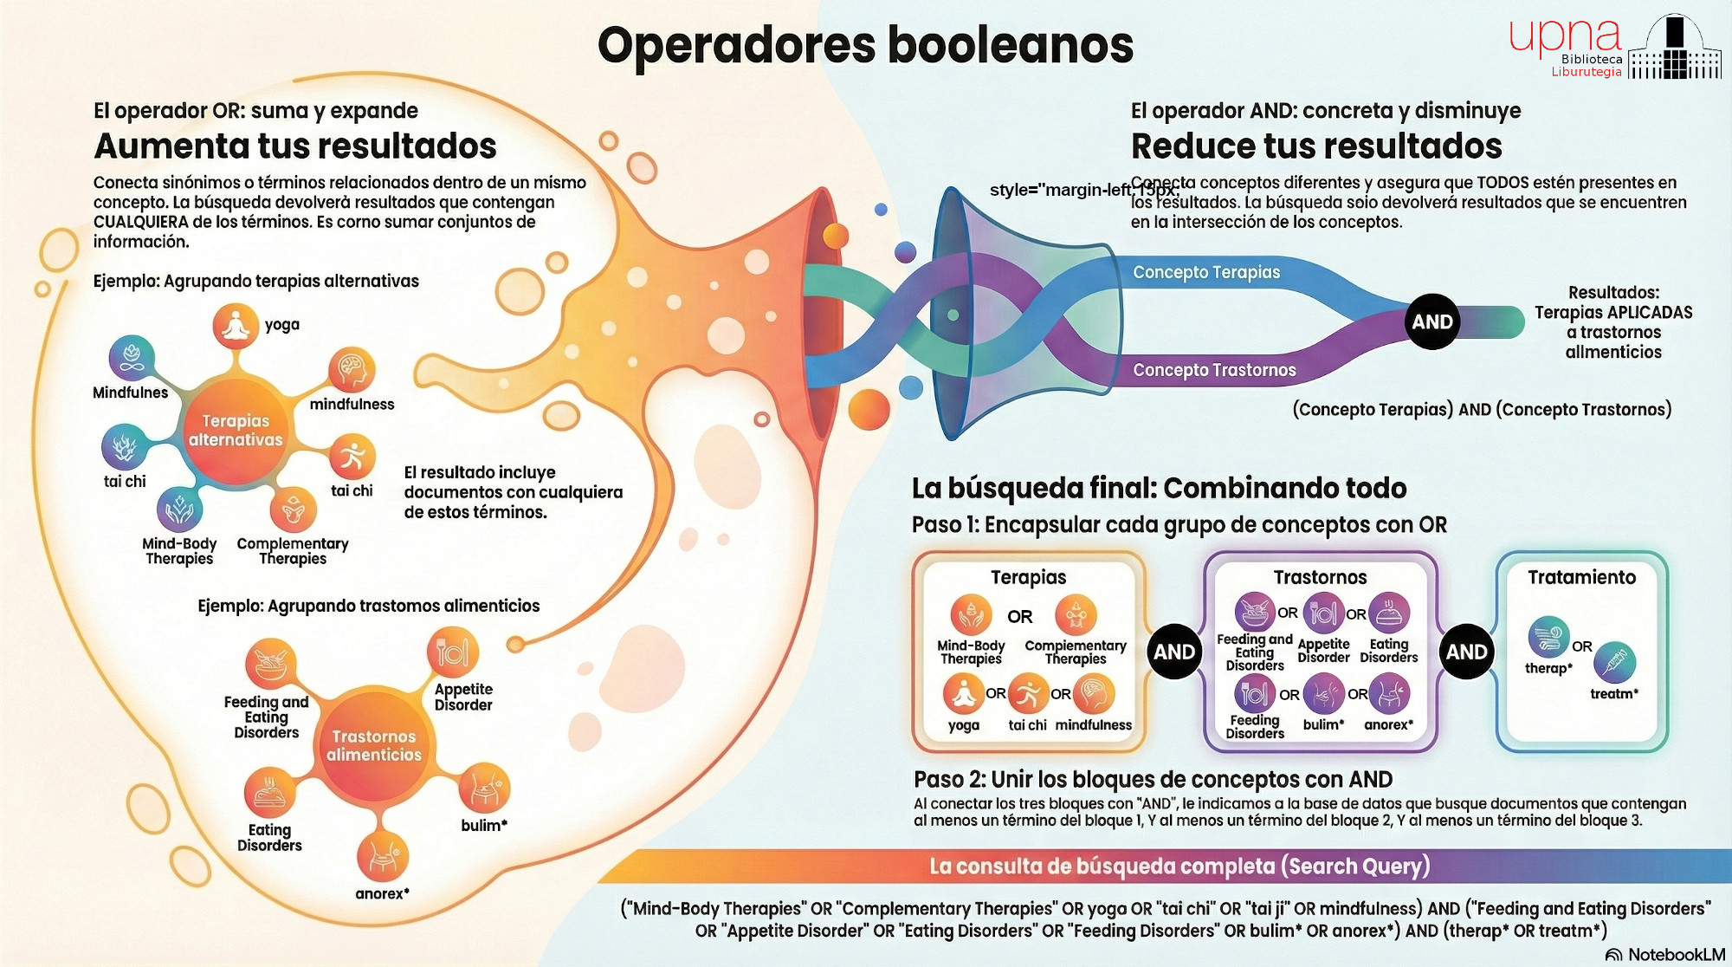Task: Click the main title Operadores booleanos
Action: coord(865,46)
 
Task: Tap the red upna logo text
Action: coord(1564,36)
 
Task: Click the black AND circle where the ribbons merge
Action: coord(1432,321)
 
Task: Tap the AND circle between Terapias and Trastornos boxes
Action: coord(1174,652)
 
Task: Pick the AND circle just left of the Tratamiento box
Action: coord(1466,652)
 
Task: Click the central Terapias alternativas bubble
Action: coord(236,430)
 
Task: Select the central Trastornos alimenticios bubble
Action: coord(373,745)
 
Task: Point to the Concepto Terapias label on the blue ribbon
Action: coord(1205,272)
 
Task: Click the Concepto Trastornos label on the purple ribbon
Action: coord(1214,370)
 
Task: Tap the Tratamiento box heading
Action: coord(1581,577)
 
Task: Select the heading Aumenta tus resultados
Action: coord(295,146)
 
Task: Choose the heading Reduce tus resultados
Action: coord(1316,146)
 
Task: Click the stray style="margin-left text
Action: coord(1061,190)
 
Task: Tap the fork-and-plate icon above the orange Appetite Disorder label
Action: coord(452,652)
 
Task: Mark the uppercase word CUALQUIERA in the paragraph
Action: coord(140,222)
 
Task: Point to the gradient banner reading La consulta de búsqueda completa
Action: coord(1178,866)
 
